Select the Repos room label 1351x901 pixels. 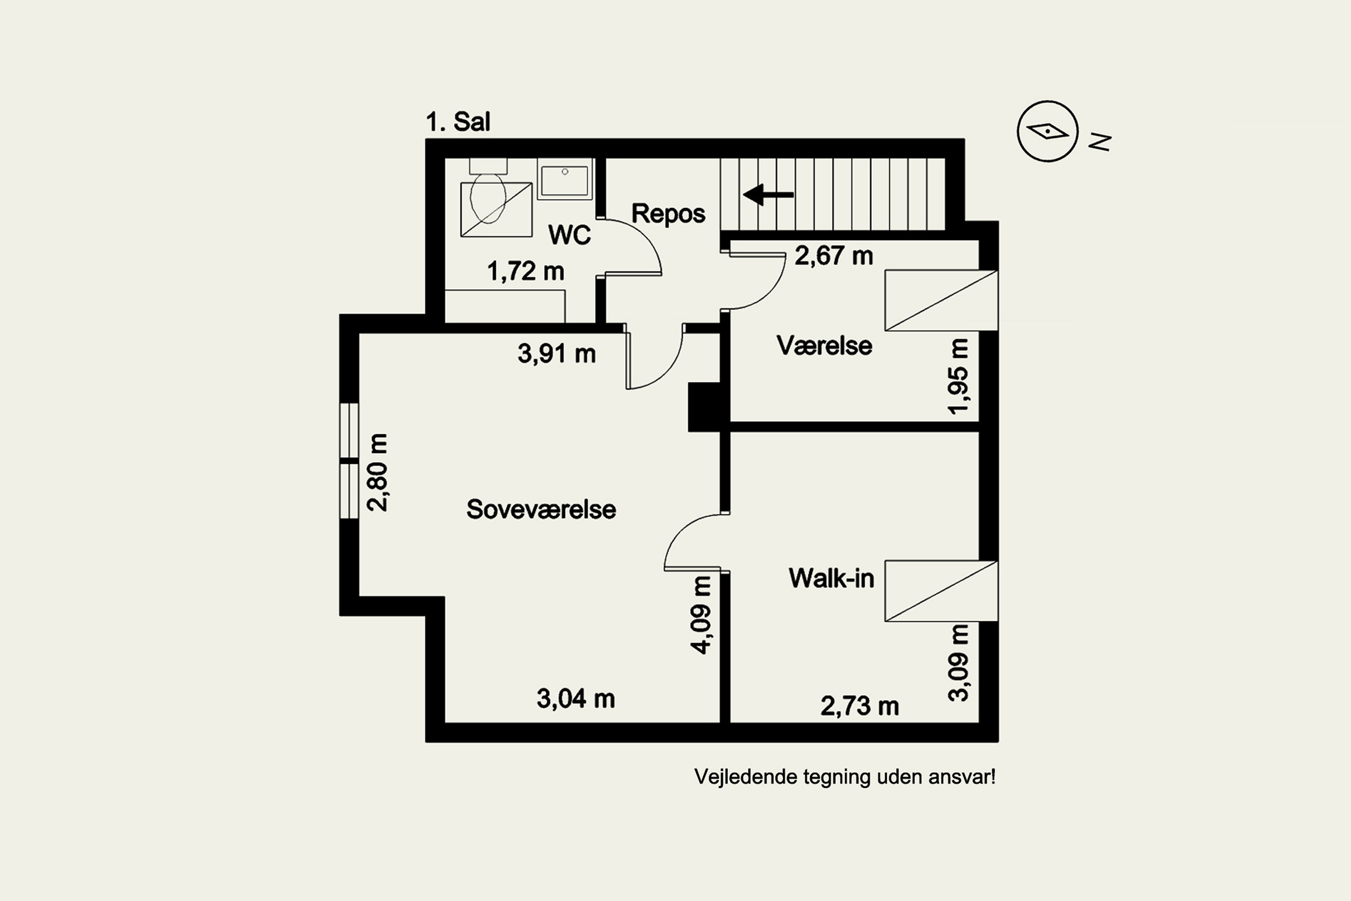coord(668,214)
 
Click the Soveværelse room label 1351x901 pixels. coord(541,509)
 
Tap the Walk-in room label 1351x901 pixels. coord(831,578)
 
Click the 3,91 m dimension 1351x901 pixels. coord(557,353)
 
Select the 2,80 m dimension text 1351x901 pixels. coord(377,472)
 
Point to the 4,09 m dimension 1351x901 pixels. coord(701,615)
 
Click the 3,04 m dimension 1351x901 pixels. coord(576,699)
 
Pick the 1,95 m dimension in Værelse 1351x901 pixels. coord(958,376)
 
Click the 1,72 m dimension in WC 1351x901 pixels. coord(526,271)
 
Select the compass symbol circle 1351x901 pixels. coord(1048,132)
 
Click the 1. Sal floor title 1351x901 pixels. coord(458,122)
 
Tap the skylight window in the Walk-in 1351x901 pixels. coord(941,591)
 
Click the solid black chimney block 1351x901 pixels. coord(704,407)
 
